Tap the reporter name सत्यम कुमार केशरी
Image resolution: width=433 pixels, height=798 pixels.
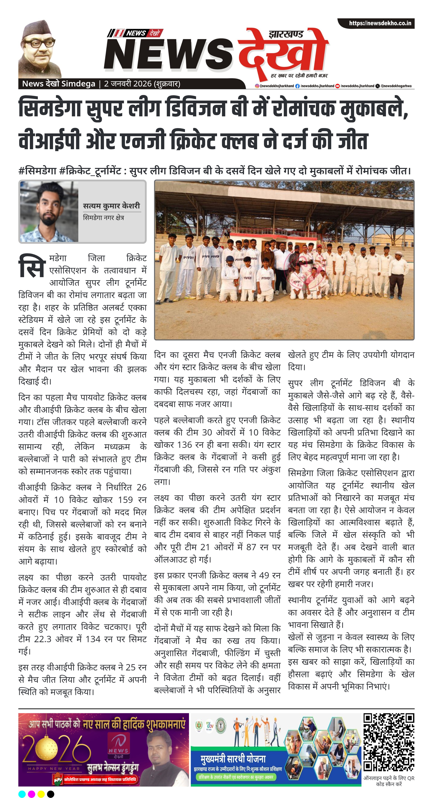click(112, 206)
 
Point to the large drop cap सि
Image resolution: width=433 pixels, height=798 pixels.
click(32, 266)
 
